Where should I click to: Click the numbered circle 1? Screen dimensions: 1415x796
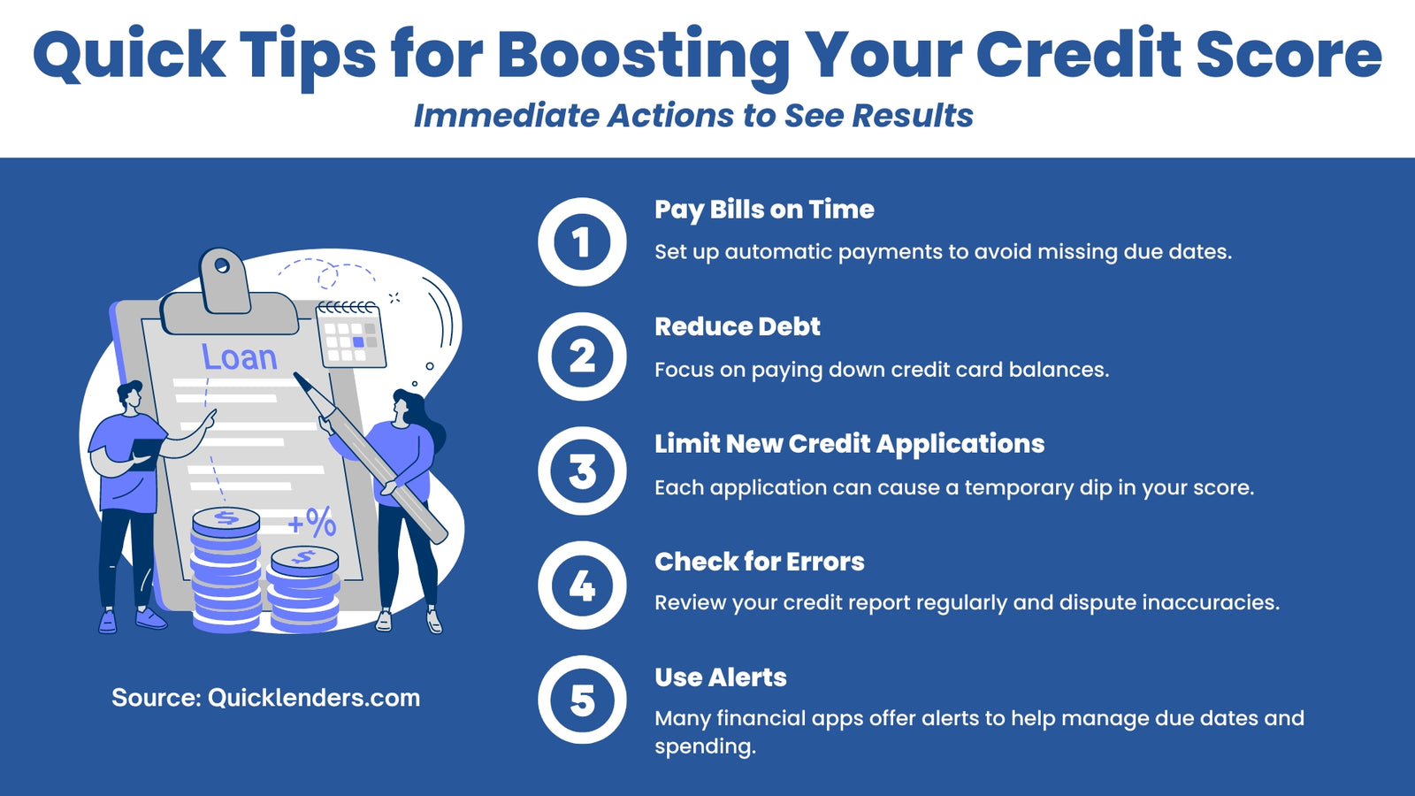(582, 242)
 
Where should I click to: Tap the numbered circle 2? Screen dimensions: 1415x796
(582, 356)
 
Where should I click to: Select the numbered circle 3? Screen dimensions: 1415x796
(582, 471)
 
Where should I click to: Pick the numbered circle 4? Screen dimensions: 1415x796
(582, 585)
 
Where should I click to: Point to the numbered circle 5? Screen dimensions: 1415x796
(582, 700)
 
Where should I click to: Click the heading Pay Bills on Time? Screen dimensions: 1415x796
(764, 210)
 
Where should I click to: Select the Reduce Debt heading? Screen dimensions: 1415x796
(738, 326)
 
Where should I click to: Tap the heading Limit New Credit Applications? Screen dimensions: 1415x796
(850, 444)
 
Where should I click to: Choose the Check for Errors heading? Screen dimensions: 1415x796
(760, 561)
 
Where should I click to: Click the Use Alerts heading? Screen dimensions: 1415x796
(721, 677)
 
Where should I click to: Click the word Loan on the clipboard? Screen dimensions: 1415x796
(240, 357)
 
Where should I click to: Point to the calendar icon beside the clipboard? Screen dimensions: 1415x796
(350, 334)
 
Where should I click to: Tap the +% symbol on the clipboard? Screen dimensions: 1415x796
(312, 523)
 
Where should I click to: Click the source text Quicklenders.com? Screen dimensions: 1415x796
(314, 698)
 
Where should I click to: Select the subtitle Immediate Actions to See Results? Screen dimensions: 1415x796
(693, 116)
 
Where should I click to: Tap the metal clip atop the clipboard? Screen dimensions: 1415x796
(226, 292)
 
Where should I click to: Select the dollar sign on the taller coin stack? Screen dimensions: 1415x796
(226, 518)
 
